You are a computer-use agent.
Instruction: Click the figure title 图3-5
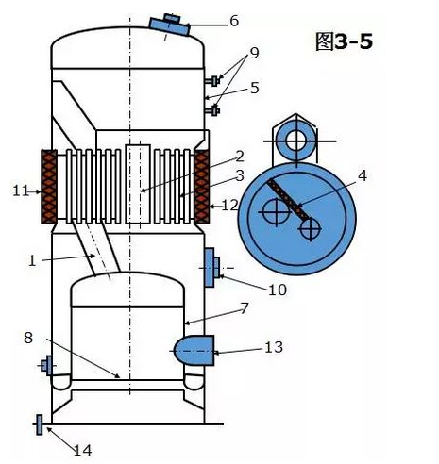click(345, 41)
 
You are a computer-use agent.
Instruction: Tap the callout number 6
click(234, 21)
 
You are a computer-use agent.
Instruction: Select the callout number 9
click(254, 53)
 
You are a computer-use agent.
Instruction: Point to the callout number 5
click(255, 88)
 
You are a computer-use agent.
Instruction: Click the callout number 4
click(363, 175)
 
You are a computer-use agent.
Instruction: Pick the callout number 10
click(278, 290)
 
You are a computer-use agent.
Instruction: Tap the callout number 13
click(274, 347)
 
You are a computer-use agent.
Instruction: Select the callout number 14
click(83, 451)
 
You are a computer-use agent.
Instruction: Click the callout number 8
click(28, 338)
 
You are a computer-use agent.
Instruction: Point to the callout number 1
click(32, 261)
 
